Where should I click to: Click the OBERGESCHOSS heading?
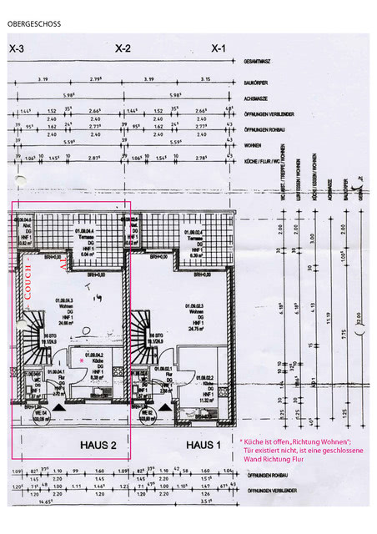coord(36,25)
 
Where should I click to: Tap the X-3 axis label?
coord(16,49)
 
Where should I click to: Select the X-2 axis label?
coord(123,49)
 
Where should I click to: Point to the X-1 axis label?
coord(219,49)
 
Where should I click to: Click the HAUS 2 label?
coord(98,445)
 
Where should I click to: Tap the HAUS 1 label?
coord(203,445)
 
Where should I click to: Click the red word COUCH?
coord(28,282)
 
